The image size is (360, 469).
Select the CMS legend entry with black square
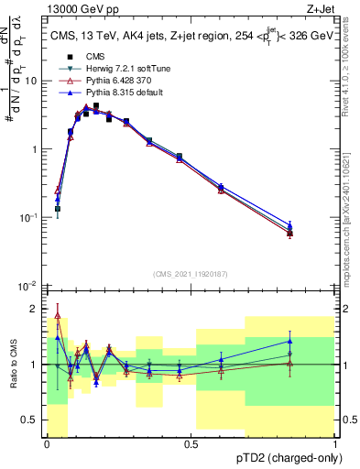96,57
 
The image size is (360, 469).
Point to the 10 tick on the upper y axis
32,81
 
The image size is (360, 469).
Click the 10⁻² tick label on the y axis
29,287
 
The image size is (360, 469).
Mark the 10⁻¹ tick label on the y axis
29,218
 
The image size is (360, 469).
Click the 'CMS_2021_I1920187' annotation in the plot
190,273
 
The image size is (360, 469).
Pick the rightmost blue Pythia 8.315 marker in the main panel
289,224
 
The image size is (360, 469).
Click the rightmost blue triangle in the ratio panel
289,341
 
